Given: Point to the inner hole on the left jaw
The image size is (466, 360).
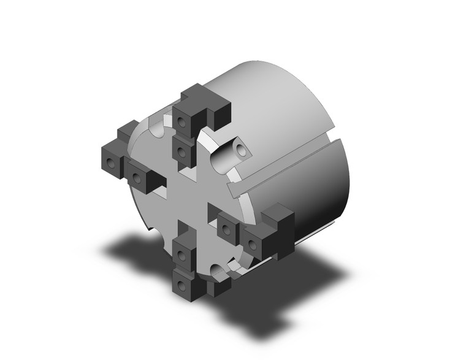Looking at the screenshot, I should click(136, 179).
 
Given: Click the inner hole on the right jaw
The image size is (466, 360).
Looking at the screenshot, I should click(228, 231).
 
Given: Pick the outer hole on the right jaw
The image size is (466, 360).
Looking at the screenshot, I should click(253, 245).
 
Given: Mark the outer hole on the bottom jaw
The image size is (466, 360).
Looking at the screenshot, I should click(182, 284).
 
